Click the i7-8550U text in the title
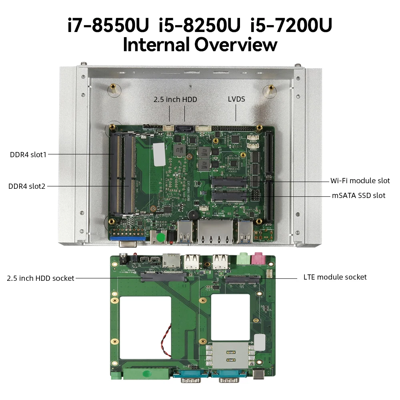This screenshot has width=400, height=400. coord(108,25)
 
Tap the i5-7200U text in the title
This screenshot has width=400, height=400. coord(291,25)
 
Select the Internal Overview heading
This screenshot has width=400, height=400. coord(200,44)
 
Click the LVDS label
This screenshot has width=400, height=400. coord(236,99)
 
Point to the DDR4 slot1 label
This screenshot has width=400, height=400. coord(28,154)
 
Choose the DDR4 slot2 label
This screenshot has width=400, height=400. coord(27,186)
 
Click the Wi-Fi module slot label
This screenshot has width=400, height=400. coord(360,181)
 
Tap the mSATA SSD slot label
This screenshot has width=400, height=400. coord(358,196)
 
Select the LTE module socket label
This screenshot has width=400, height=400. coord(335,277)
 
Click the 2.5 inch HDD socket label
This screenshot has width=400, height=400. coord(40,278)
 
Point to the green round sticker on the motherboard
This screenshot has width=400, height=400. coord(161,238)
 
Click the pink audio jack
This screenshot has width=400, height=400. coord(257,258)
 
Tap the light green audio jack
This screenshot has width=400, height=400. coord(242,258)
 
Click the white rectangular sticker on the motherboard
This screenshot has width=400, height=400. coord(159,154)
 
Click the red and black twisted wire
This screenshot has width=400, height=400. coord(166,340)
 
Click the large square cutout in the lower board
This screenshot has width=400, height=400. coord(146,328)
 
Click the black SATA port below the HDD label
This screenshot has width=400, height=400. coord(184,129)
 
